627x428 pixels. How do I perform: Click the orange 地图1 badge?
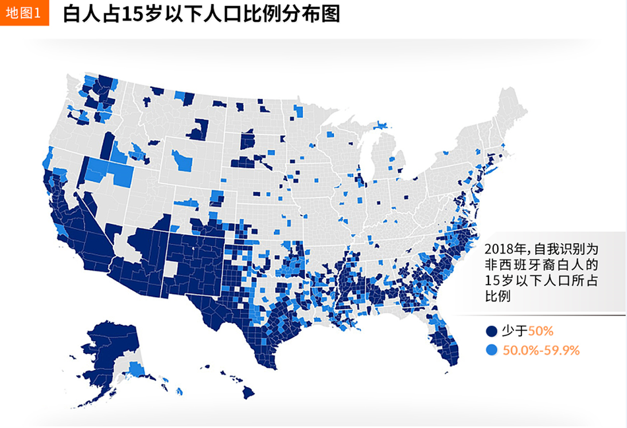(25, 13)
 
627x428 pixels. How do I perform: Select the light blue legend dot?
(490, 350)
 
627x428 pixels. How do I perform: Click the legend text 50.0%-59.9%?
(541, 350)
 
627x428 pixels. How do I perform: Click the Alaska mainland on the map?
(109, 357)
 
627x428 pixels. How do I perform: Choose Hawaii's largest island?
(247, 392)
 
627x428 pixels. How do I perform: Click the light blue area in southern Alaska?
(137, 369)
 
